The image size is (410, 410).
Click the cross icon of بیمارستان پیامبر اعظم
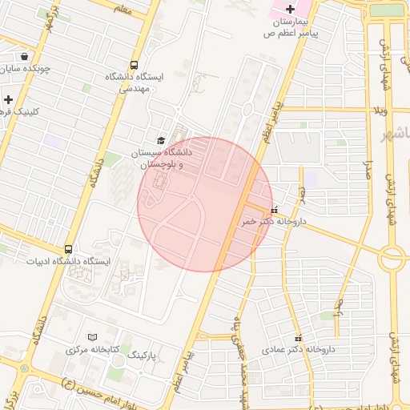(x=290, y=9)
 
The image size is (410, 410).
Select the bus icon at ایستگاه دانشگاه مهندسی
(x=133, y=66)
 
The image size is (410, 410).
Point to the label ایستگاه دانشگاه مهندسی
(x=134, y=82)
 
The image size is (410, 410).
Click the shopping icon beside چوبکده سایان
(x=25, y=57)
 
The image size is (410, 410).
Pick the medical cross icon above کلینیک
(x=8, y=99)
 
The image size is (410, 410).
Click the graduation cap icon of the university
(x=161, y=140)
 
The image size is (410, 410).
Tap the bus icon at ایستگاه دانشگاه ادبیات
(x=68, y=249)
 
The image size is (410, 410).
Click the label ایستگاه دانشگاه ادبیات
(x=71, y=262)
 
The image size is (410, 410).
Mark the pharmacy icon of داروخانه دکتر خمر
(x=275, y=210)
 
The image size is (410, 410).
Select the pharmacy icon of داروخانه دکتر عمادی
(x=299, y=338)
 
